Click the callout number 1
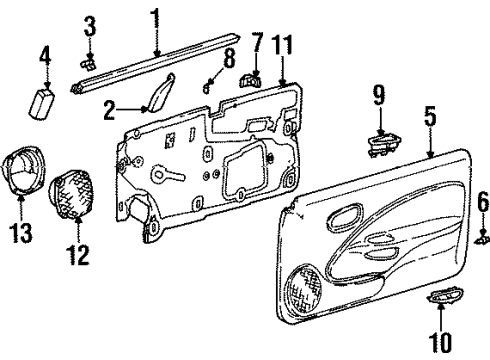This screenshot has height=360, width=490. [155, 16]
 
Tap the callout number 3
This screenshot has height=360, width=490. [90, 25]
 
